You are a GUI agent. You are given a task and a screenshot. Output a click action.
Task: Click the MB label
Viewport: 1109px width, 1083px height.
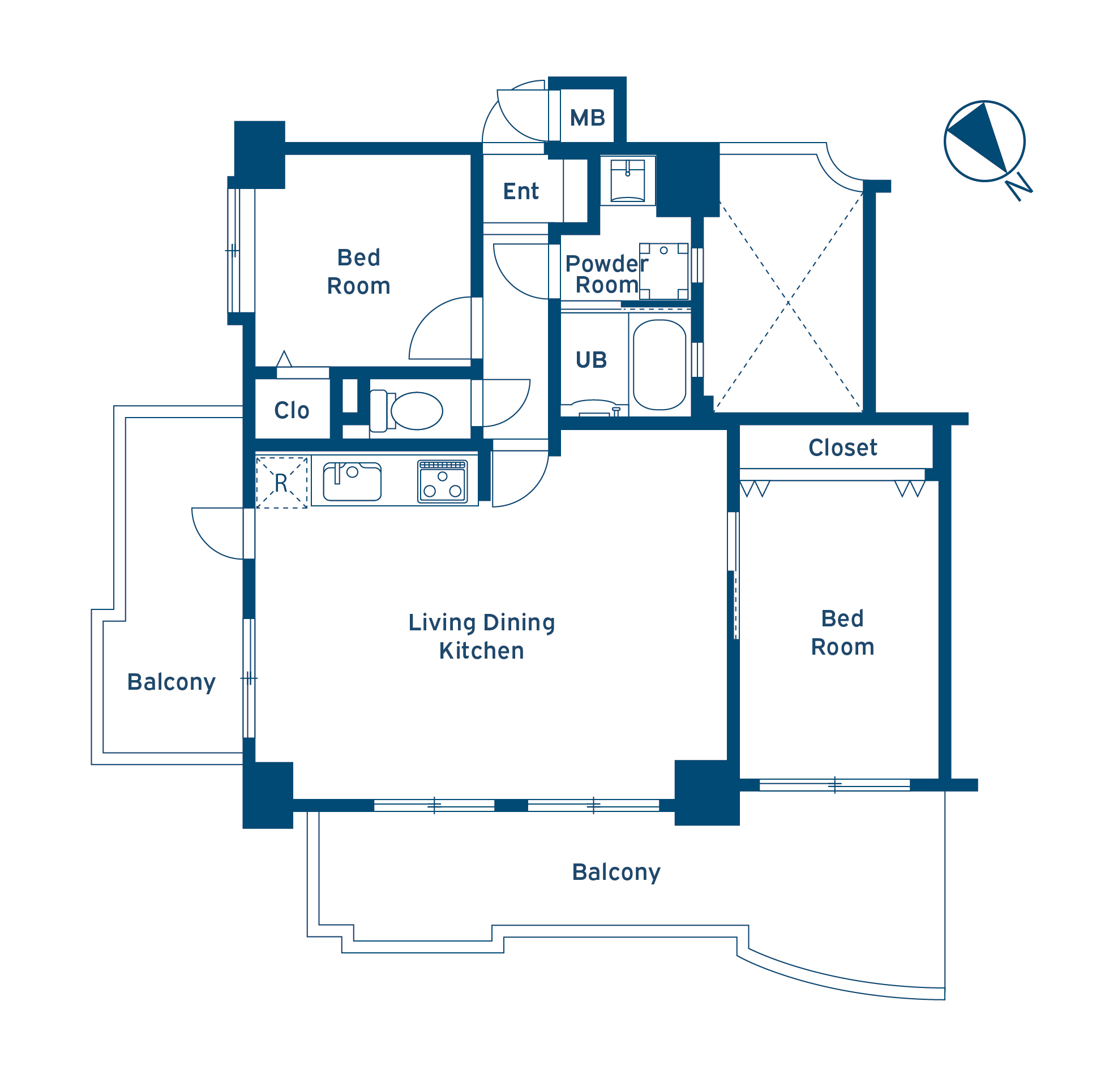pyautogui.click(x=587, y=118)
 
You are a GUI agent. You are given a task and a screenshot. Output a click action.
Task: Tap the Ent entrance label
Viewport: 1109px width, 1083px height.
pyautogui.click(x=521, y=192)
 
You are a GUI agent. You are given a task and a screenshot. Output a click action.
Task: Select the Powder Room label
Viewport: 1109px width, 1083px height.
pyautogui.click(x=606, y=274)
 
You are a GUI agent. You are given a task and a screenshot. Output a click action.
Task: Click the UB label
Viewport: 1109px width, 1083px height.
pyautogui.click(x=591, y=360)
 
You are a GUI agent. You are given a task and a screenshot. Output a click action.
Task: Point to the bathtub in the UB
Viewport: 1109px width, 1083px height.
pyautogui.click(x=660, y=364)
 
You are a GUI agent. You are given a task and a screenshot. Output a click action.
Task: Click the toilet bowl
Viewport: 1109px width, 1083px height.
pyautogui.click(x=417, y=411)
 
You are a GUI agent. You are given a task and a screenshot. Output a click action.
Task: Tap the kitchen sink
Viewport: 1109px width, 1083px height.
pyautogui.click(x=352, y=482)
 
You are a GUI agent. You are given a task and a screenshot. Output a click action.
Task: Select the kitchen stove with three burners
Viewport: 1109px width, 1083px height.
pyautogui.click(x=442, y=481)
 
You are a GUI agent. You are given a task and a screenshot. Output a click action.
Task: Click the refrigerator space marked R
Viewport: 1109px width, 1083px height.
pyautogui.click(x=282, y=483)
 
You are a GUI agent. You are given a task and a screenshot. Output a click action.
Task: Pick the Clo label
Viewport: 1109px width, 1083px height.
pyautogui.click(x=292, y=411)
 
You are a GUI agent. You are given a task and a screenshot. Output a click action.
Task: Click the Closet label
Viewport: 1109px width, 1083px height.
pyautogui.click(x=843, y=448)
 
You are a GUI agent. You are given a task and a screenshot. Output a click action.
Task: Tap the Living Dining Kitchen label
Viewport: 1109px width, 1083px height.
pyautogui.click(x=481, y=637)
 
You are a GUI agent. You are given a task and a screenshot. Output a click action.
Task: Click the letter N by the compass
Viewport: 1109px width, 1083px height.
pyautogui.click(x=1018, y=187)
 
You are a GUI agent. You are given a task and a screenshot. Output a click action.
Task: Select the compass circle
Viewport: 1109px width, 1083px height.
pyautogui.click(x=984, y=141)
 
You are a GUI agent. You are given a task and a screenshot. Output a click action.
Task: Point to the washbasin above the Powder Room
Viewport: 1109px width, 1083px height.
pyautogui.click(x=628, y=181)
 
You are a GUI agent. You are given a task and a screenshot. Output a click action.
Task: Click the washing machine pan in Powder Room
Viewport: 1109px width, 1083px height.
pyautogui.click(x=663, y=272)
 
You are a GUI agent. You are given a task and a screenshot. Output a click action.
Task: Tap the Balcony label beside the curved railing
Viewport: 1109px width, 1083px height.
pyautogui.click(x=616, y=873)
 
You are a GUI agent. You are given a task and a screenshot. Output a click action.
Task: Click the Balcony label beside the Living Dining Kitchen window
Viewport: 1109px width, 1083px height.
pyautogui.click(x=172, y=682)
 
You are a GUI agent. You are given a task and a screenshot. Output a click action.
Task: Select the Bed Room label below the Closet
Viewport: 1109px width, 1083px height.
pyautogui.click(x=842, y=633)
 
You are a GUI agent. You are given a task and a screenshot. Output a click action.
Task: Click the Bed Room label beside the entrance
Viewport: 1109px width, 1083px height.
pyautogui.click(x=358, y=272)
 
